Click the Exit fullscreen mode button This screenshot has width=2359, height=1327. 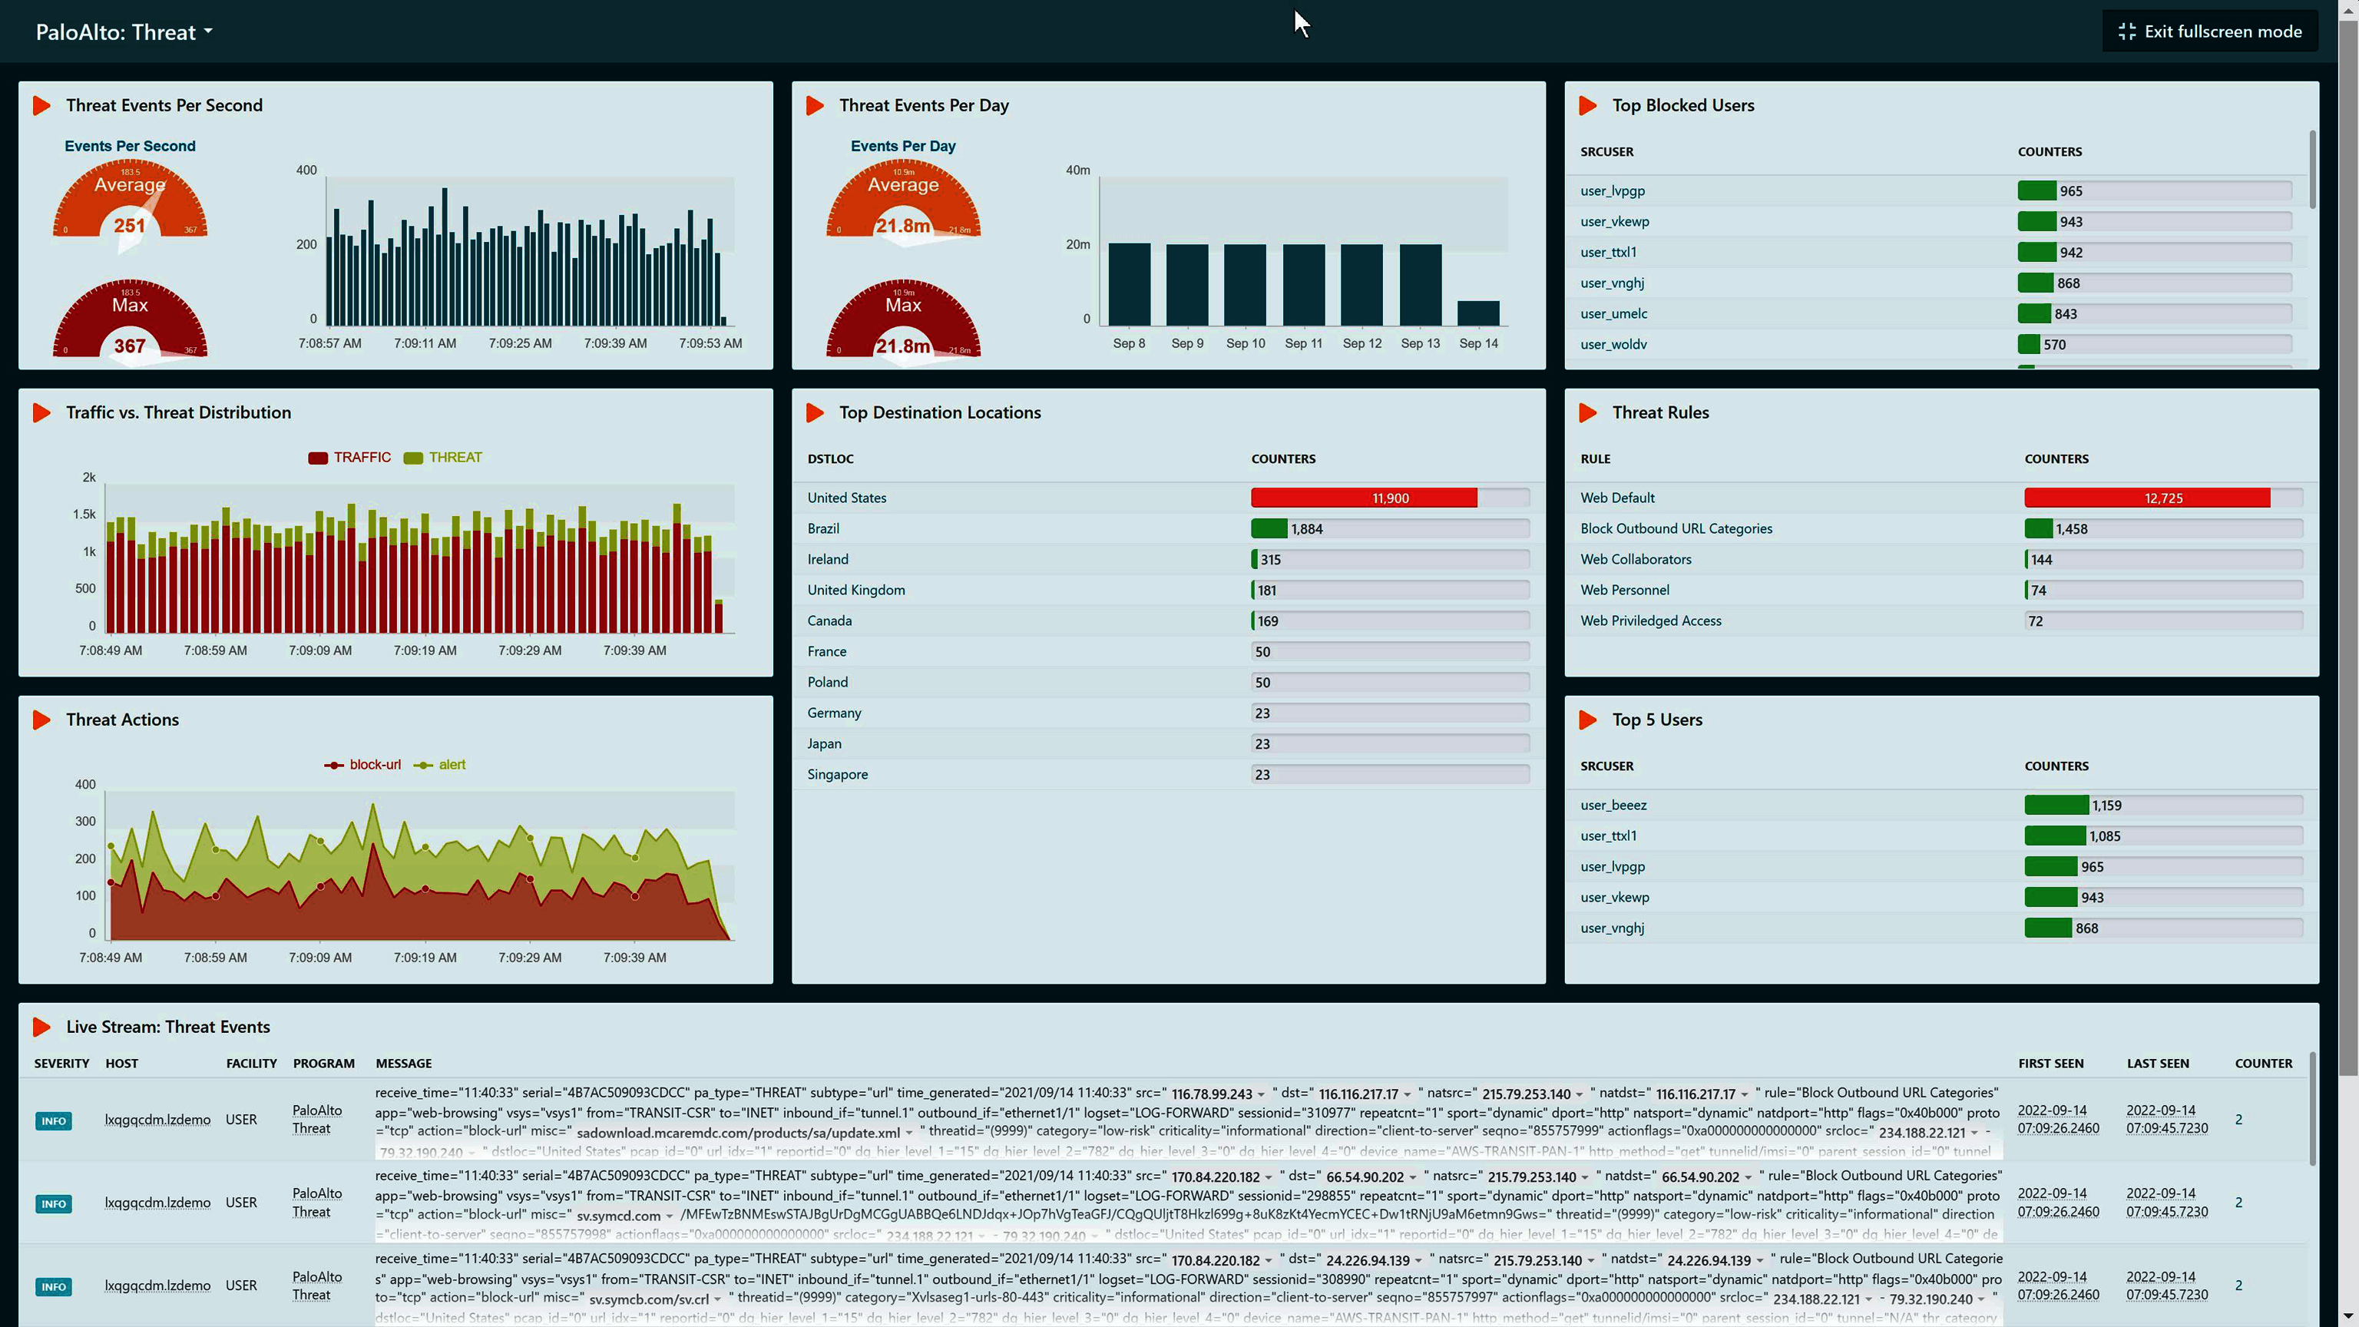[2210, 32]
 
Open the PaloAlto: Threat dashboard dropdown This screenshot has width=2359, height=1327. [124, 32]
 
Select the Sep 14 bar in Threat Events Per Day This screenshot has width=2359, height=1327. [1478, 313]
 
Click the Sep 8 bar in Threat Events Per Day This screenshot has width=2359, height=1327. [1128, 284]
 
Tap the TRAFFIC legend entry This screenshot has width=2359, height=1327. [350, 458]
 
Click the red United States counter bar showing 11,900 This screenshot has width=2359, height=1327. [1364, 498]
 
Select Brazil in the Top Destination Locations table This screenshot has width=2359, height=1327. [822, 529]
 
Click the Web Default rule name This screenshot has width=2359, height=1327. [1616, 498]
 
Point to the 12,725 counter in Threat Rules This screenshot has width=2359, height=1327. [2162, 498]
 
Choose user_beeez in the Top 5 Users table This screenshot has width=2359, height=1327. [1613, 806]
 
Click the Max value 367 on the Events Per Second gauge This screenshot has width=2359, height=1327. [129, 346]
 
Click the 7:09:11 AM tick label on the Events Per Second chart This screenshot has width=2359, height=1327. [424, 343]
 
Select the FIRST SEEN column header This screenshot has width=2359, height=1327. [2050, 1064]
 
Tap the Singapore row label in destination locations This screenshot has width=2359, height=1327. [837, 775]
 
